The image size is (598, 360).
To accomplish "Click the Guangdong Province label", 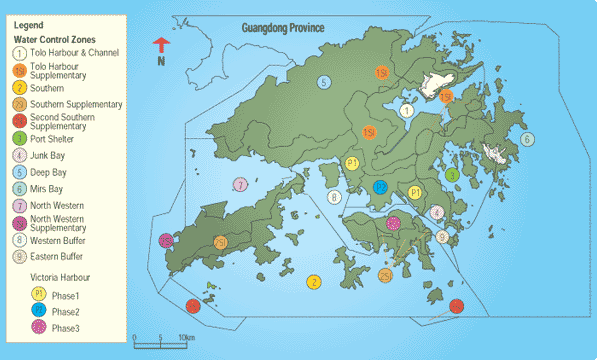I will coord(285,30).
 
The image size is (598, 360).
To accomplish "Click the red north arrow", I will coord(160,45).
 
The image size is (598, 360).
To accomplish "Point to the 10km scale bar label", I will coord(186,338).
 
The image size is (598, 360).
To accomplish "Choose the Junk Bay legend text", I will coord(51,155).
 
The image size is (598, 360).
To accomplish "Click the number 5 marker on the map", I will coord(324,82).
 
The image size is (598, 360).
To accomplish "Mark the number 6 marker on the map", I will coord(527,139).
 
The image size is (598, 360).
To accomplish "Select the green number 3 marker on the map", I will coord(452,175).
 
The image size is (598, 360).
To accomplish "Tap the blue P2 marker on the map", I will coord(380,187).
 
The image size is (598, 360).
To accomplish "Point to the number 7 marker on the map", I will coord(240,185).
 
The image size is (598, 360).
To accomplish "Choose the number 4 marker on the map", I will coord(436,212).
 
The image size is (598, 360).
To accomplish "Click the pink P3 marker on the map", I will coord(392,224).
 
